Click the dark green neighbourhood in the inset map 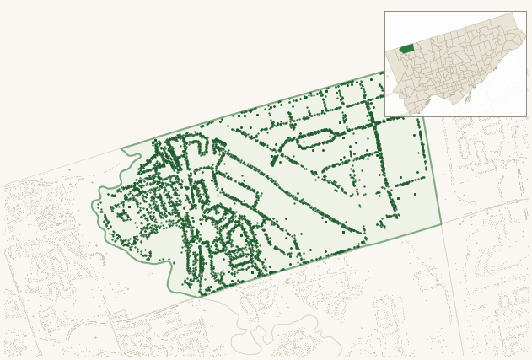(406, 48)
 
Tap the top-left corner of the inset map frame (385, 12)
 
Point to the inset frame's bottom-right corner (526, 116)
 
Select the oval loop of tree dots (317, 139)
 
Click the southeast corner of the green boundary (441, 225)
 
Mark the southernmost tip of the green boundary (201, 297)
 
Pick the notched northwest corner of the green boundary (122, 151)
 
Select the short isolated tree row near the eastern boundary (411, 181)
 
